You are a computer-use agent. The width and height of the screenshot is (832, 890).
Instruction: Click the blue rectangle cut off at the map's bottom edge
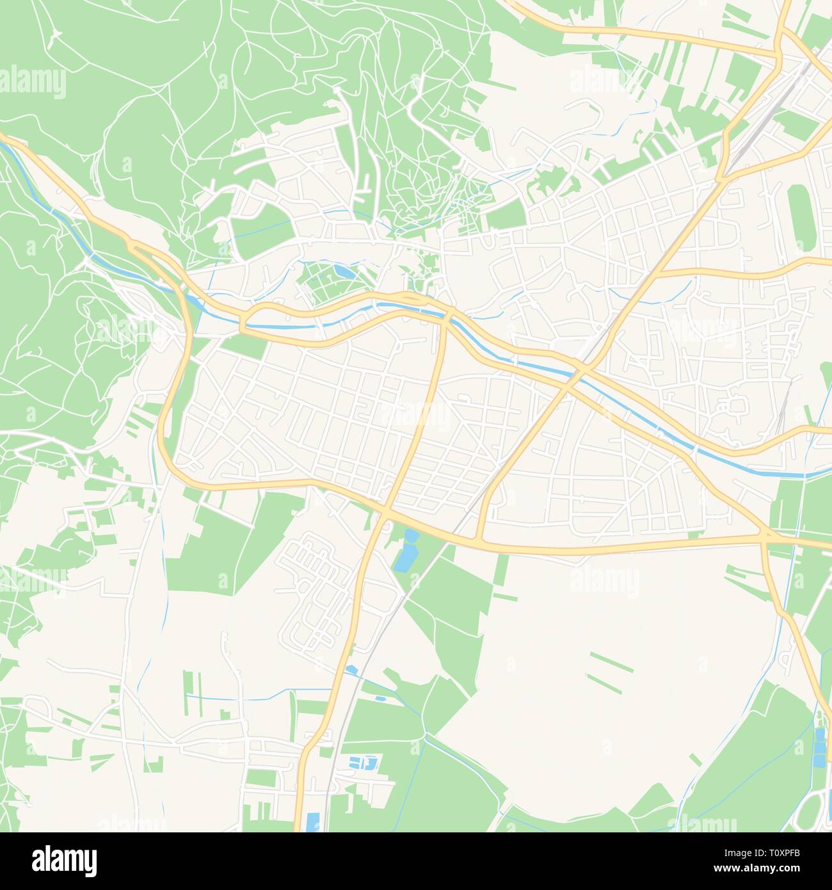pos(312,821)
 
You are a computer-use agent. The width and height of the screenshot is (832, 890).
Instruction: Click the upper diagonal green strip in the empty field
pos(611,662)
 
